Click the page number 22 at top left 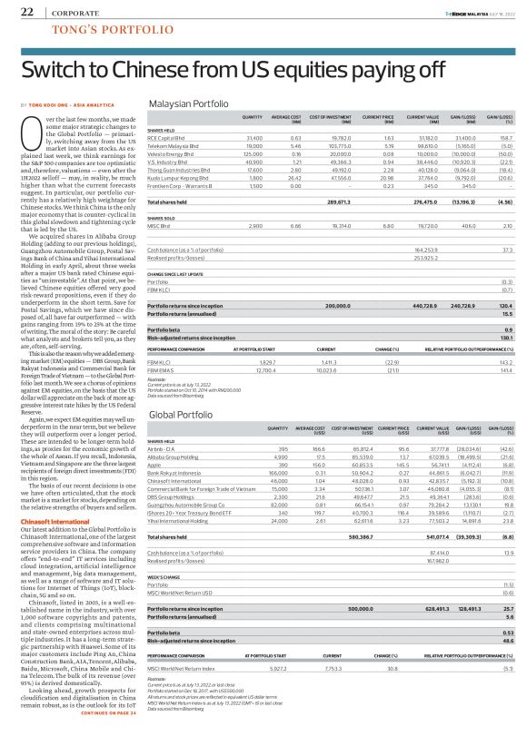26,12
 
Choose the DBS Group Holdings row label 169,497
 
